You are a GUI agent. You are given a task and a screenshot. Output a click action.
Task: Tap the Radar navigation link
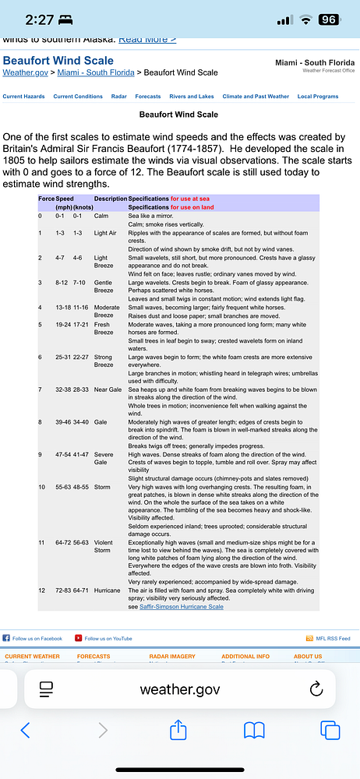118,97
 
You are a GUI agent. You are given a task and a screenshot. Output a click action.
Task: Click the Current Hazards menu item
23,97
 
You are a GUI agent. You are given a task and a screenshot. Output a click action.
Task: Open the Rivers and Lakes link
191,97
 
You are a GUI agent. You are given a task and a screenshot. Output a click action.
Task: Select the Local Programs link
318,97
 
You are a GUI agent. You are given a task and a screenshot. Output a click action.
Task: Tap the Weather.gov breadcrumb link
25,72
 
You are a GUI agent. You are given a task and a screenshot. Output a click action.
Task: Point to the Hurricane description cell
108,590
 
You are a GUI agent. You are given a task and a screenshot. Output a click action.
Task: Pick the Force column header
46,199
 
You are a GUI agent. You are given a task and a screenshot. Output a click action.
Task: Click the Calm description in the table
101,215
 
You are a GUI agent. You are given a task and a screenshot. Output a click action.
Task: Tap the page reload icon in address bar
316,689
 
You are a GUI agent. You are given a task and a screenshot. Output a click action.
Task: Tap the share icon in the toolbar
178,730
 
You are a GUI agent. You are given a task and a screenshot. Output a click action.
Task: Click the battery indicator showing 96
329,20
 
